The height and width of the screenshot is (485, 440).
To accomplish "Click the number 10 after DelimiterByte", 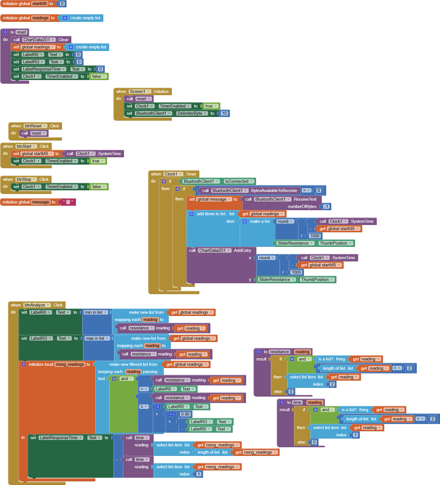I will pos(224,113).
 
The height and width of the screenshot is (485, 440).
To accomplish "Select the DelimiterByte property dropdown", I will pos(192,113).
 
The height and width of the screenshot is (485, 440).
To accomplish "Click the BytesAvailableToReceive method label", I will pos(274,191).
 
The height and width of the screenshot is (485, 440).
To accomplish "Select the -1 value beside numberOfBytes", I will pos(326,207).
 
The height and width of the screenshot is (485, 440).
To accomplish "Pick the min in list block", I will pos(95,312).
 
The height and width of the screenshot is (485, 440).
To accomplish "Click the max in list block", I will pos(97,338).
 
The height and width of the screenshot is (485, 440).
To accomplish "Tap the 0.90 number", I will pos(185,414).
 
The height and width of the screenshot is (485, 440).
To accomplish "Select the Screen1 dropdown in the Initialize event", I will pos(140,92).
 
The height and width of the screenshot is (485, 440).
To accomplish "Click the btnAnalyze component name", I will pos(37,305).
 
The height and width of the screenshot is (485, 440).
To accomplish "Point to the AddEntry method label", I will pos(242,250).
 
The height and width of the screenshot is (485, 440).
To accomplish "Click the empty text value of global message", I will pos(68,202).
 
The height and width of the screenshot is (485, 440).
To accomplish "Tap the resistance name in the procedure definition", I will pos(279,352).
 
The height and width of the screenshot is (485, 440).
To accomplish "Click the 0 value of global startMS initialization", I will pos(62,4).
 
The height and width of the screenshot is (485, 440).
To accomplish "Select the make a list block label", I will pos(260,221).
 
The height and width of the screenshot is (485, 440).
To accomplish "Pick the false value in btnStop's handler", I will pos(98,187).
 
